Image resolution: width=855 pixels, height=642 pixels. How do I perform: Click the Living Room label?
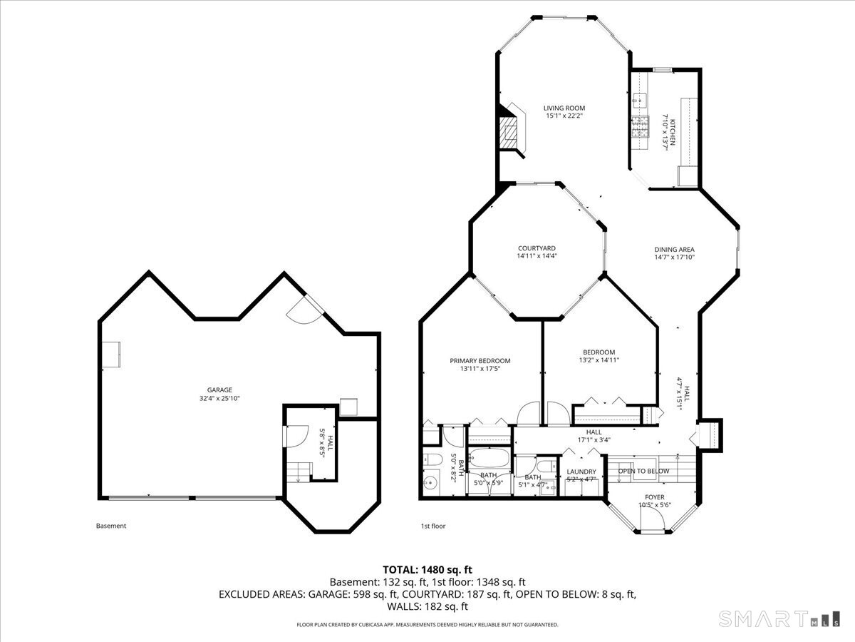(564, 108)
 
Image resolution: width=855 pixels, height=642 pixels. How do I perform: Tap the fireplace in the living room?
(510, 131)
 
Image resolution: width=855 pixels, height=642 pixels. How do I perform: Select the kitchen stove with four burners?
(639, 126)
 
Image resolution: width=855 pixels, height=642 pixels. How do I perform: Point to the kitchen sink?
(639, 101)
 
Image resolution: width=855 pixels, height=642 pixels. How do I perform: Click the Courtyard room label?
(537, 248)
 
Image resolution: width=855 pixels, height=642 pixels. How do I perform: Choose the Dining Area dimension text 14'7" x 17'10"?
(674, 258)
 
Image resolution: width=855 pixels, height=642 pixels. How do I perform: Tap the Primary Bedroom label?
(480, 361)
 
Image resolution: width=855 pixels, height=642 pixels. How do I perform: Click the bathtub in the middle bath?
(489, 459)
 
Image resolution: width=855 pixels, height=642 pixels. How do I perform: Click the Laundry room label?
(581, 472)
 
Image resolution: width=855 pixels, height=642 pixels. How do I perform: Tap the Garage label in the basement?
(219, 389)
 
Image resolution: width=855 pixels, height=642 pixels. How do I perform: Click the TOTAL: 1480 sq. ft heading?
(427, 569)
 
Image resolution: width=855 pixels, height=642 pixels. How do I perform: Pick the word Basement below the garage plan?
(111, 526)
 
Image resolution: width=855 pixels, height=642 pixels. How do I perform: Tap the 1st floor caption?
(433, 526)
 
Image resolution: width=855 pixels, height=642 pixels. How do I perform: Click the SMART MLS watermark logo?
(777, 618)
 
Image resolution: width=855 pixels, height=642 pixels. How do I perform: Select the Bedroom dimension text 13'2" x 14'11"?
(598, 360)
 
